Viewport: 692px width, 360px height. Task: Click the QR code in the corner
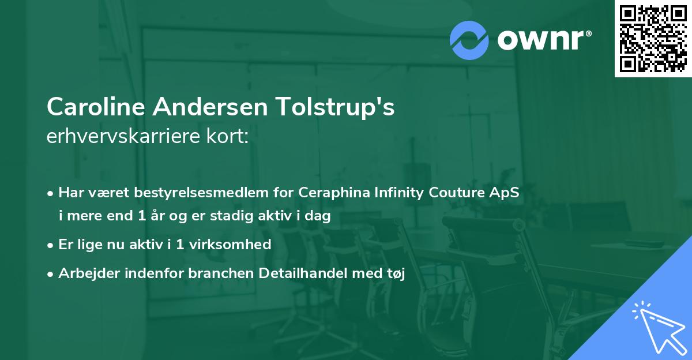[653, 39]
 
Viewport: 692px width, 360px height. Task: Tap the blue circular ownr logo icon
[469, 40]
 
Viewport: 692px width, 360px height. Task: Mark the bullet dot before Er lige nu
[51, 245]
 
